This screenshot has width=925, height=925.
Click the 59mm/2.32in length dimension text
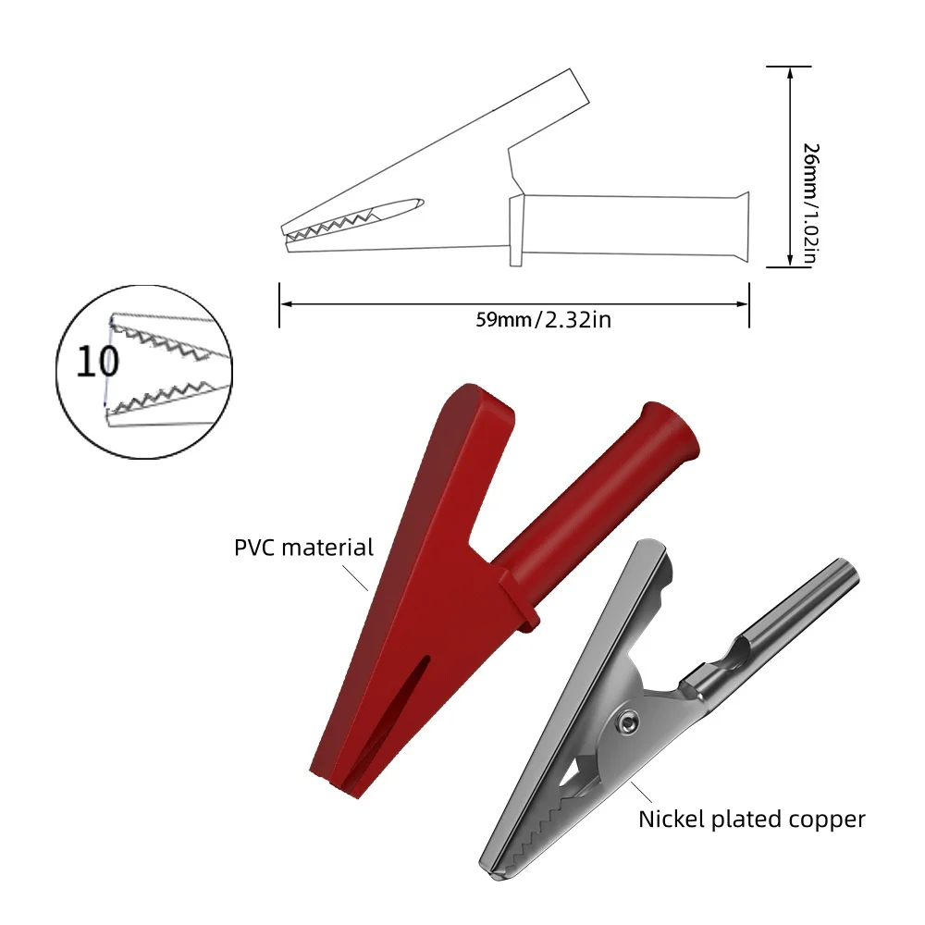pyautogui.click(x=543, y=320)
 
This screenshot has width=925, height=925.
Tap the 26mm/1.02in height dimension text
pyautogui.click(x=812, y=204)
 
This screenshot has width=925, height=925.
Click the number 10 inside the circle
pyautogui.click(x=97, y=362)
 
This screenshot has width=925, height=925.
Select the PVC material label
pyautogui.click(x=303, y=548)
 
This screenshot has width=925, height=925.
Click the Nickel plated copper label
pyautogui.click(x=751, y=819)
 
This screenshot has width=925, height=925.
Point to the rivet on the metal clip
pyautogui.click(x=629, y=722)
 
